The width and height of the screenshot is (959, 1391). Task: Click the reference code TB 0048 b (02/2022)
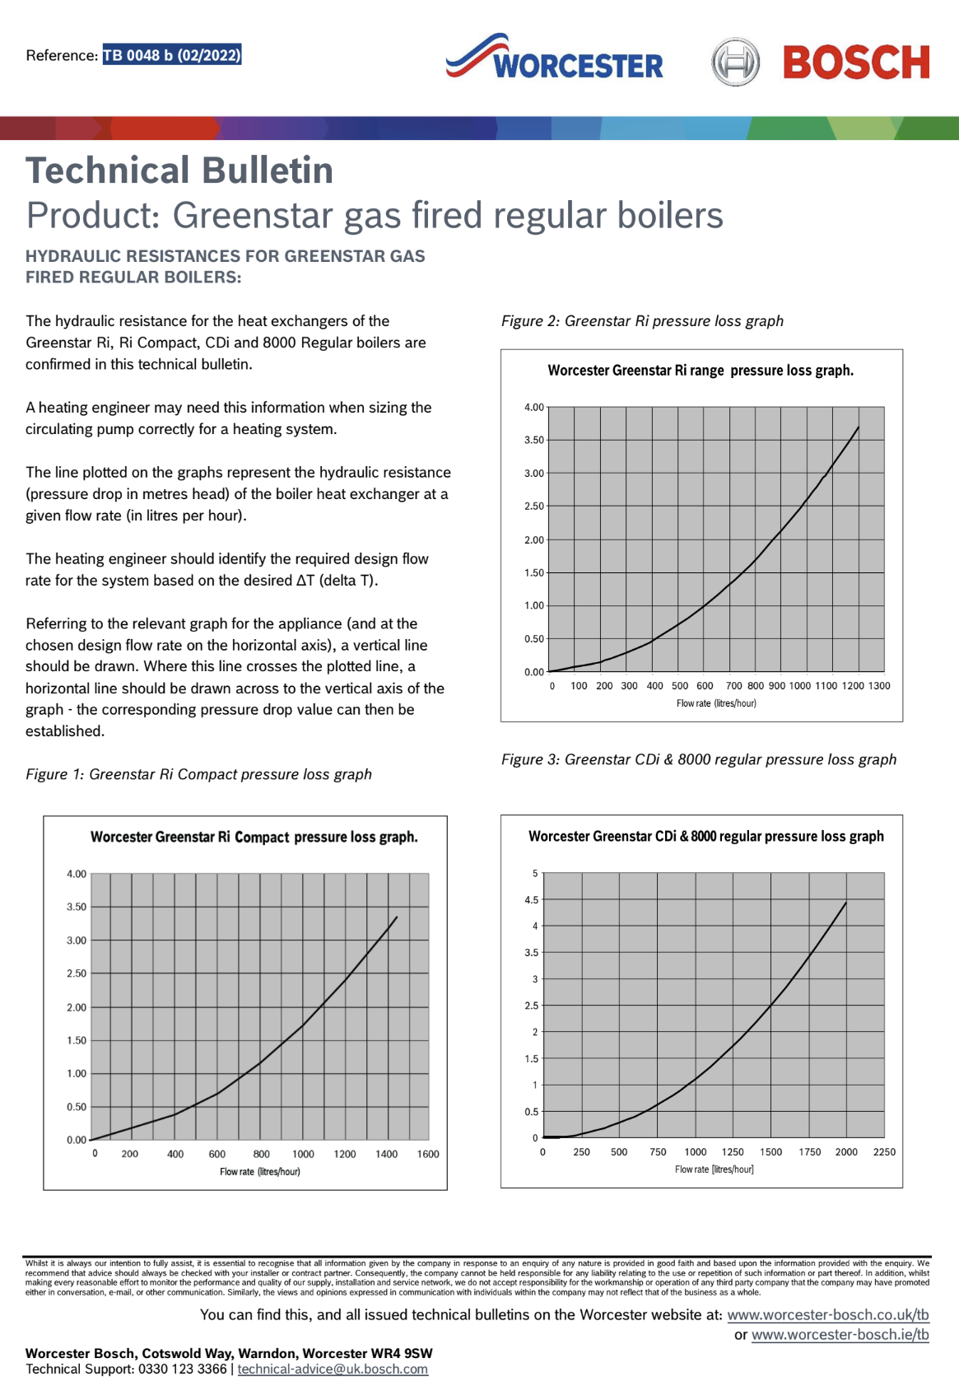click(171, 55)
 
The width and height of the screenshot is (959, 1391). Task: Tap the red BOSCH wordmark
click(856, 63)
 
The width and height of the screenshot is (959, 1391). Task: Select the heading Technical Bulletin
click(179, 170)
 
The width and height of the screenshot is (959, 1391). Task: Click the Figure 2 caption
click(642, 321)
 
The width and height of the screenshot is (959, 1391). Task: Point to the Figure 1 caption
click(198, 774)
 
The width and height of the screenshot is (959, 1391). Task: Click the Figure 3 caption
click(698, 759)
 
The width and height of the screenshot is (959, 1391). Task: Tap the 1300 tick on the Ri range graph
click(879, 686)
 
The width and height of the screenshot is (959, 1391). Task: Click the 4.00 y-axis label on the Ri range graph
click(533, 407)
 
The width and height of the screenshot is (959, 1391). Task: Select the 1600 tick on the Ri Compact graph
click(428, 1154)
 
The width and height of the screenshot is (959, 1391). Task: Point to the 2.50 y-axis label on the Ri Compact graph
click(77, 973)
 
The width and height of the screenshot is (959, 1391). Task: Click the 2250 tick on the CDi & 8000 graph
click(884, 1152)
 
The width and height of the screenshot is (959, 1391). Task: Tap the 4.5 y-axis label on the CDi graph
click(531, 900)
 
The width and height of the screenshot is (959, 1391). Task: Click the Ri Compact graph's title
click(254, 837)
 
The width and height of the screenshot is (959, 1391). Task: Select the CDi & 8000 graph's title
click(705, 836)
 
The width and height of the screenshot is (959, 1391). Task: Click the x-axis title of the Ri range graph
click(716, 703)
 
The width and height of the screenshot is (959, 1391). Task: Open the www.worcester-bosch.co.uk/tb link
click(827, 1314)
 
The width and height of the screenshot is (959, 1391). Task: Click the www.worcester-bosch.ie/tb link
click(840, 1334)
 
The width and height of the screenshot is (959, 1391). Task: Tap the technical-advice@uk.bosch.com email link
click(333, 1369)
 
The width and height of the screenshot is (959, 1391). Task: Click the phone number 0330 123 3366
click(182, 1369)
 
